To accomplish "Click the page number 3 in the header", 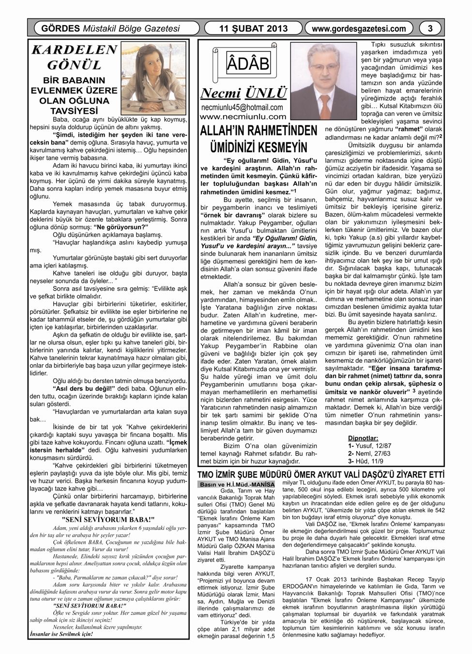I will pos(430,29).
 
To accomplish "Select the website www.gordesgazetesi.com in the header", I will pos(359,29).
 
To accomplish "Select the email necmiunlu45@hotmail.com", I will pos(242,107).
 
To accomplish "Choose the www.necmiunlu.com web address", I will pos(243,117).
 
